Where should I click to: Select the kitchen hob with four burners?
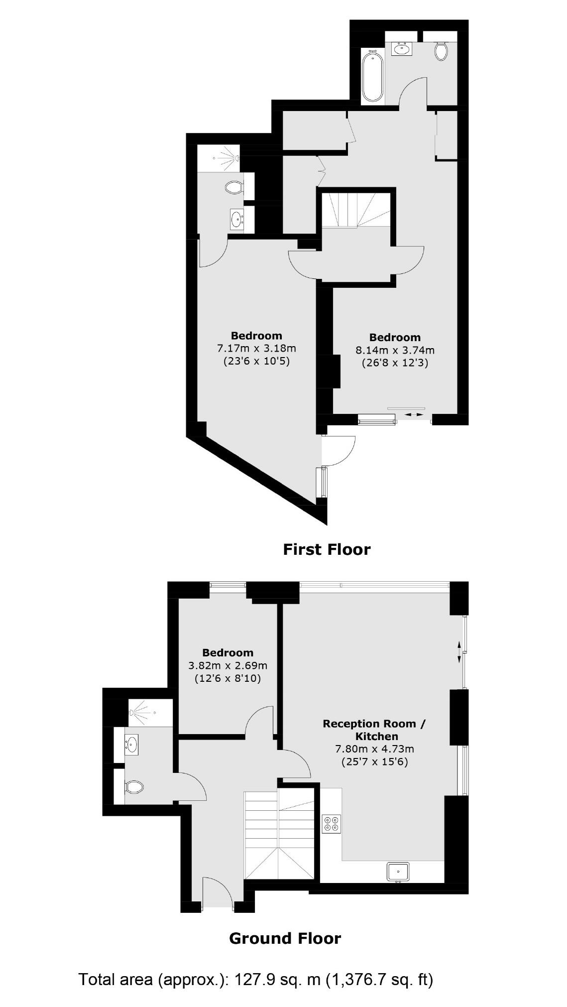(332, 823)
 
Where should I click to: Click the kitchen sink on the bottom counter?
(398, 871)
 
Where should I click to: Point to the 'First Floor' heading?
(327, 549)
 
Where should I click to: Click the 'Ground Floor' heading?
(285, 938)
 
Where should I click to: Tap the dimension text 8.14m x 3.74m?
(395, 350)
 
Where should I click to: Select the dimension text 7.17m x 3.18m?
(256, 348)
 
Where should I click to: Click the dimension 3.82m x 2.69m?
(227, 665)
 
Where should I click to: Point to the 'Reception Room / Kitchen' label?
(374, 730)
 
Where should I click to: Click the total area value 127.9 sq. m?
(277, 980)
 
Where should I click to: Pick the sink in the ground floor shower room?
(131, 745)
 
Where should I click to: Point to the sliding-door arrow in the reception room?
(459, 652)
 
